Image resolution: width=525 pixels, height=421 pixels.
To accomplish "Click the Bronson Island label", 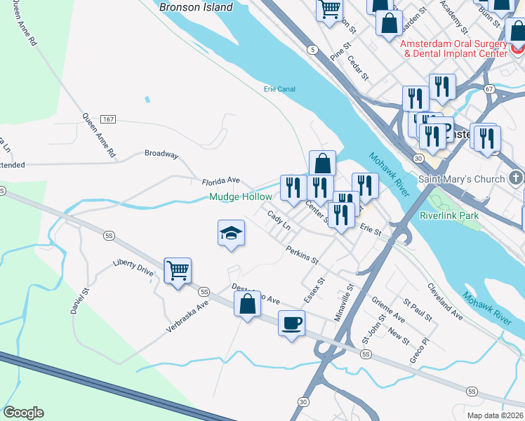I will [x=196, y=7].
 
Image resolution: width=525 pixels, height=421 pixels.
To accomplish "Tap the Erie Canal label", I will [x=279, y=89].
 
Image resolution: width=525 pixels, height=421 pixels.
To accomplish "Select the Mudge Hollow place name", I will [x=240, y=197].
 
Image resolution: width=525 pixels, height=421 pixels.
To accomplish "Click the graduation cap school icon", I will [x=230, y=234].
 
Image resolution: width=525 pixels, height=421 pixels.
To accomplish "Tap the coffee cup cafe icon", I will [x=291, y=323].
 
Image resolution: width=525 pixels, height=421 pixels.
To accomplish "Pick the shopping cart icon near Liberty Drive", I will [x=178, y=269].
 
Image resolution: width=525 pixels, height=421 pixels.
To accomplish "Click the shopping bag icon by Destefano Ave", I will [x=247, y=305].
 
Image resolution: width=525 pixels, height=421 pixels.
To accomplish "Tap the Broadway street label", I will [x=161, y=154].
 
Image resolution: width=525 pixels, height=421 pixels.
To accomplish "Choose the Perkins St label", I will [x=303, y=254].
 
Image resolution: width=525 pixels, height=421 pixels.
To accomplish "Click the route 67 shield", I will [x=489, y=89].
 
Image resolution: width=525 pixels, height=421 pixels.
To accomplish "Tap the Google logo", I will [x=23, y=413].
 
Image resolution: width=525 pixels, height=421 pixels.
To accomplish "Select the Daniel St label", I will [x=81, y=302].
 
